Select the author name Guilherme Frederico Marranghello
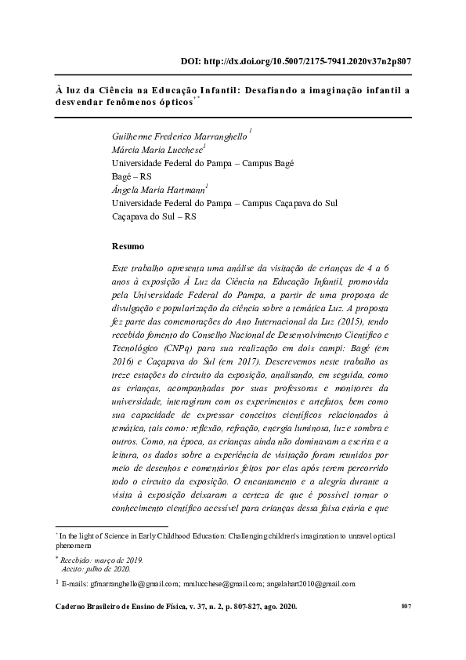[x=179, y=136]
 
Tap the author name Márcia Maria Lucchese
[x=157, y=149]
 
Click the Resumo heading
[x=128, y=246]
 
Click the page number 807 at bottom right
[x=406, y=607]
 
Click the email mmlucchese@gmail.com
[x=219, y=584]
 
